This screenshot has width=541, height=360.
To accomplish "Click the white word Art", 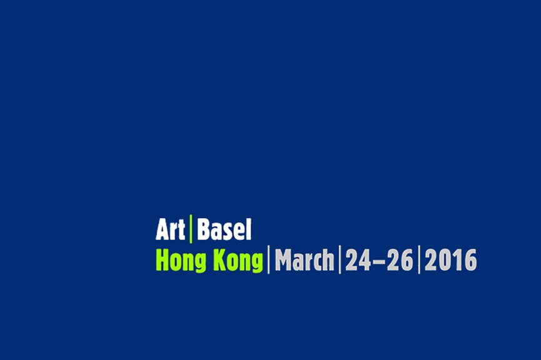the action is pos(171,229).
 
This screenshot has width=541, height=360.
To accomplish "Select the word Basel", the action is pos(224,229).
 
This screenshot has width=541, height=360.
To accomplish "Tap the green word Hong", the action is pos(181,261).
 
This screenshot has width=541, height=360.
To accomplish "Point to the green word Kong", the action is pos(238,261).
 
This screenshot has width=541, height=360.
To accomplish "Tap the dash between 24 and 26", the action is pos(379,261).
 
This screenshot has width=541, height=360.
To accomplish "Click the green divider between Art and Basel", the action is pos(191,229).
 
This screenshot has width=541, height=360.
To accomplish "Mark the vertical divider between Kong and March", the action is pos(269,259).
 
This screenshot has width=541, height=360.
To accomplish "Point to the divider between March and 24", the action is pos(340,259).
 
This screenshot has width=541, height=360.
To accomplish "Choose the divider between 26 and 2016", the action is pos(419,259).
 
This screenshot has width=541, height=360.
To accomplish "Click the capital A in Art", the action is pos(163,229).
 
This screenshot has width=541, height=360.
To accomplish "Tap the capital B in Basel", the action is pos(203,229).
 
